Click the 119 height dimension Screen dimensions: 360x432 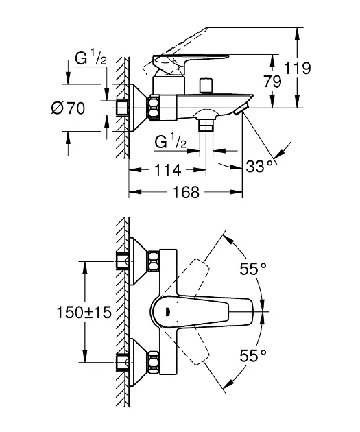[x=297, y=68]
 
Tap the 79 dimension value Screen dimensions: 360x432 [x=272, y=82]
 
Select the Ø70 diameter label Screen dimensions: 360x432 [x=68, y=108]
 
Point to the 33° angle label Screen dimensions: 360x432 [x=259, y=167]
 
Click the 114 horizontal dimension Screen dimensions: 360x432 [x=167, y=170]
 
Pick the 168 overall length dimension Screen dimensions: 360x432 [x=186, y=192]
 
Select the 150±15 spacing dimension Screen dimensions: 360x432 [x=84, y=313]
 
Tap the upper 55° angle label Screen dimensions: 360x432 [x=253, y=269]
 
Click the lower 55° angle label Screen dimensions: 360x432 [x=253, y=355]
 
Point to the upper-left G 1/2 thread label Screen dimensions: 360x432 [x=91, y=59]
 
